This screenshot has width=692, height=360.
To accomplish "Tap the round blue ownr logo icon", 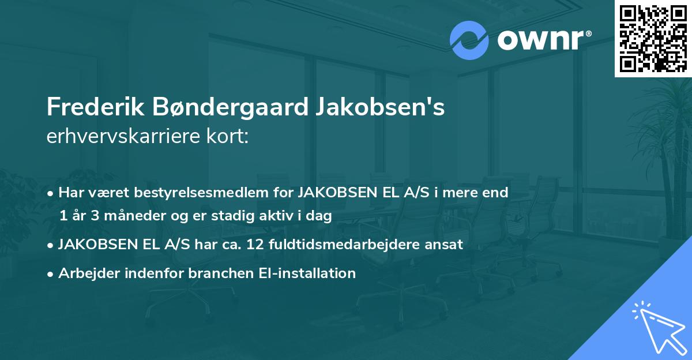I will tap(469, 40).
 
